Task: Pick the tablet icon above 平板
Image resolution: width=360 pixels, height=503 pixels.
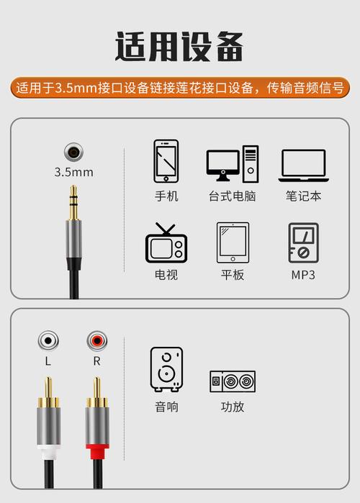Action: click(x=233, y=244)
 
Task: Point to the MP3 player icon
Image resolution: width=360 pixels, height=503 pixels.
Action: click(x=303, y=244)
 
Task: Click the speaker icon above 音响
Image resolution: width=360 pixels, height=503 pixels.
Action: click(x=166, y=368)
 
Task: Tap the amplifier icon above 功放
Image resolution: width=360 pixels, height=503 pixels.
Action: click(x=233, y=381)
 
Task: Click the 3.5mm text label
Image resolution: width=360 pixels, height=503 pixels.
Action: click(x=73, y=173)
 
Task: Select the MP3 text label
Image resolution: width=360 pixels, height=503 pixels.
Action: click(x=303, y=275)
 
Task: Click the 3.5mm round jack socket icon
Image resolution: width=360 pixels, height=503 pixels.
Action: click(x=73, y=153)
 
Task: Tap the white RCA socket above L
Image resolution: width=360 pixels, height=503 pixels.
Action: click(x=48, y=340)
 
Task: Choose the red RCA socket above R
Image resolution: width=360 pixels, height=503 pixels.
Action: click(x=96, y=340)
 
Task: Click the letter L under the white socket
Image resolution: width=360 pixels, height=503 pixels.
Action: click(x=48, y=361)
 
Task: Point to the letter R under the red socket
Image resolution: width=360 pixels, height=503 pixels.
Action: click(x=96, y=361)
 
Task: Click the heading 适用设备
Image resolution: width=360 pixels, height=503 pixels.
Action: click(x=179, y=47)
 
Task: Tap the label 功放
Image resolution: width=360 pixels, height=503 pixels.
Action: click(x=233, y=407)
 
